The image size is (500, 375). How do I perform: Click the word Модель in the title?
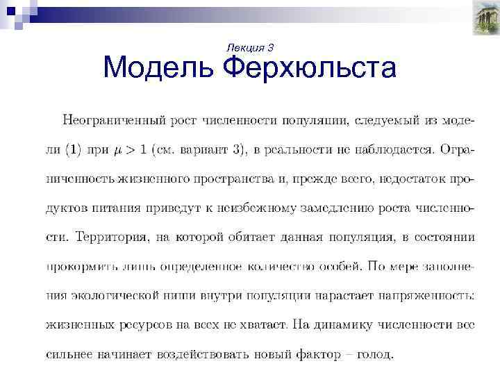click(x=160, y=69)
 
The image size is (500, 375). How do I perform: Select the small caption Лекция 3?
click(x=251, y=47)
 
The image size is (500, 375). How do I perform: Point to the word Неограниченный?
click(x=111, y=119)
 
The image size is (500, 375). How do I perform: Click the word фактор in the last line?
click(x=316, y=354)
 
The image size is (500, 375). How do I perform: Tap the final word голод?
click(x=375, y=354)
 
